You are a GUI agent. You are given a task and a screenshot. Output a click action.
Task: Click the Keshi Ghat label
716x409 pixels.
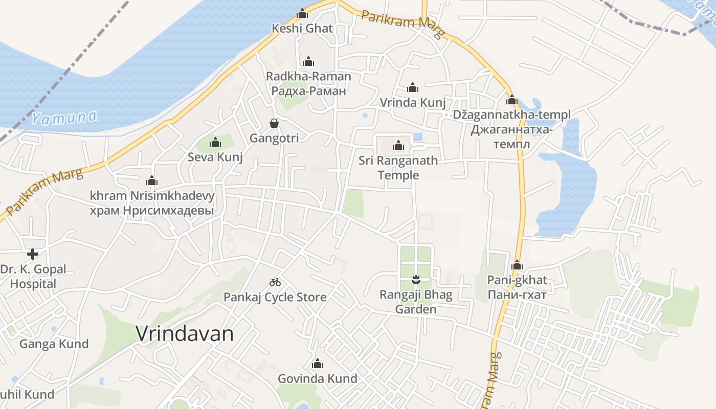tap(302, 29)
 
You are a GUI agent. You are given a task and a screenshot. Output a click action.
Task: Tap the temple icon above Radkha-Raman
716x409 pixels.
tap(308, 62)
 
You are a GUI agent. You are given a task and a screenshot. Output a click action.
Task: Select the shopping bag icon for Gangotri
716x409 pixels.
tap(274, 123)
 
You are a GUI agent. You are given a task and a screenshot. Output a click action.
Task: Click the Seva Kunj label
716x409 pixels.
tap(215, 157)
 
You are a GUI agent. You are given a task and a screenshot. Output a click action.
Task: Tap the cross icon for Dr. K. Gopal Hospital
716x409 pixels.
tap(33, 254)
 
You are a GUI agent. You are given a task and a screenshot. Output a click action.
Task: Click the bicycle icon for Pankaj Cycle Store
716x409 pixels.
tap(275, 282)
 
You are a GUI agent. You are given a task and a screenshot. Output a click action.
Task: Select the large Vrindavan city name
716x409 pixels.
tap(185, 334)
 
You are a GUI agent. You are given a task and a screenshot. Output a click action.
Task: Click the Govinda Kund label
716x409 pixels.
tap(317, 379)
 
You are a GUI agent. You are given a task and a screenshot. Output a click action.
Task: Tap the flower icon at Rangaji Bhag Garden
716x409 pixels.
tap(415, 279)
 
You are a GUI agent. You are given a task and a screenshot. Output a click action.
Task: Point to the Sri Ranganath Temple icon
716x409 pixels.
tap(398, 146)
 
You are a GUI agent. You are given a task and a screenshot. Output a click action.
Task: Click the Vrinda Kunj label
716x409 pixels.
tap(413, 103)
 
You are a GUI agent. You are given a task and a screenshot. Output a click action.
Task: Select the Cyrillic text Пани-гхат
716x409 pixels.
tap(517, 295)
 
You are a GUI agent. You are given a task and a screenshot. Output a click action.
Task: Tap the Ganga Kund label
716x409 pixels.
tap(54, 344)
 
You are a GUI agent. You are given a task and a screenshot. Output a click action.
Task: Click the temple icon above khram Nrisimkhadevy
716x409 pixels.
tap(152, 180)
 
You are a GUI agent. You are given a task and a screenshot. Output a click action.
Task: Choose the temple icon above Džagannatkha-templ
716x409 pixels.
tap(512, 100)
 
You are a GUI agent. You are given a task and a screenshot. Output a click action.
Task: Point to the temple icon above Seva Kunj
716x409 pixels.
tap(215, 142)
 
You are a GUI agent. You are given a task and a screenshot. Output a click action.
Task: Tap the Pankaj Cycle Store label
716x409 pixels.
tap(275, 297)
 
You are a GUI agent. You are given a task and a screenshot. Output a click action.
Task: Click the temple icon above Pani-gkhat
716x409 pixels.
tap(517, 265)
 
